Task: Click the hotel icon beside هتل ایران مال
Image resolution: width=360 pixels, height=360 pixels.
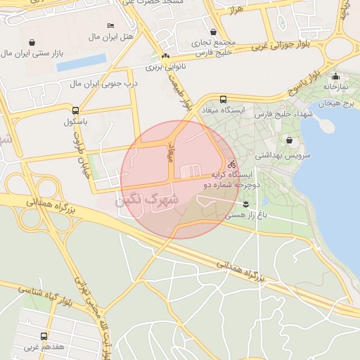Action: click(x=110, y=25)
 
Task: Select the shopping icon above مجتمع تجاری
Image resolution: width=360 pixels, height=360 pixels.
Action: click(x=213, y=32)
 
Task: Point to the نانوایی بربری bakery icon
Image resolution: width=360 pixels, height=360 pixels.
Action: click(x=165, y=56)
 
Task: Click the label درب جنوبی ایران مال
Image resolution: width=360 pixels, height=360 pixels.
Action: click(x=104, y=84)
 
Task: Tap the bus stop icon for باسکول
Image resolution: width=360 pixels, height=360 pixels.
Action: click(x=75, y=110)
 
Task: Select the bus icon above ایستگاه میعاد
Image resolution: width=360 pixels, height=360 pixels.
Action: click(x=223, y=99)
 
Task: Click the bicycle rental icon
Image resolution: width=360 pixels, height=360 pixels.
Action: click(x=231, y=165)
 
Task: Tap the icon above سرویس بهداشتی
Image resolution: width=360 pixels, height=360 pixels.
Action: click(x=290, y=141)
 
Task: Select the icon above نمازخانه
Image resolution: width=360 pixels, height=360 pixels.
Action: click(x=335, y=77)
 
